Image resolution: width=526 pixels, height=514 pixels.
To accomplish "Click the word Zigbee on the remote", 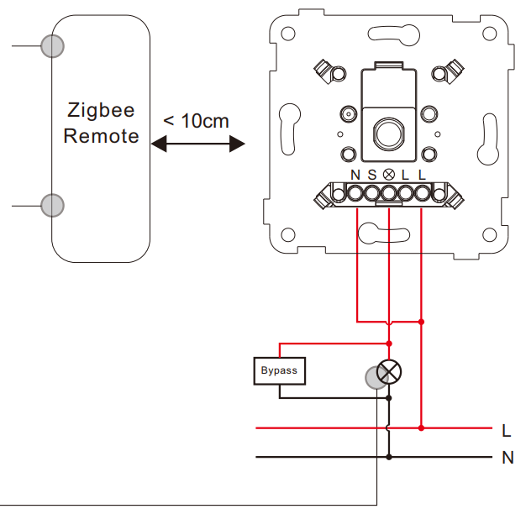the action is click(x=101, y=111).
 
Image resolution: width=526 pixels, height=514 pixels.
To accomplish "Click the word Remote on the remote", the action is click(x=101, y=136).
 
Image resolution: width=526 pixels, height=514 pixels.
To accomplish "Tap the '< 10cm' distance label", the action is click(x=197, y=121).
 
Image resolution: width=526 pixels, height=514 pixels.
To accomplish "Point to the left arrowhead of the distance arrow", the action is click(x=159, y=144).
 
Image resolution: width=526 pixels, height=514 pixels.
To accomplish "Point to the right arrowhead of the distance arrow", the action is click(x=237, y=144).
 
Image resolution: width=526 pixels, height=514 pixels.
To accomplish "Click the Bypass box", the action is click(x=280, y=371).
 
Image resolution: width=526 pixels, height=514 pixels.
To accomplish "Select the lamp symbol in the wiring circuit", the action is click(x=389, y=372).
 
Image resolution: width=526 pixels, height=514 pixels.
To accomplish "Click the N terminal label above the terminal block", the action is click(x=355, y=175).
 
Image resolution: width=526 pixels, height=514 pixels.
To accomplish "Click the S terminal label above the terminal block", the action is click(x=372, y=175).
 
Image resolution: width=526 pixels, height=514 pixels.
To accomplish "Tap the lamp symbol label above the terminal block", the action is click(x=389, y=175).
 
